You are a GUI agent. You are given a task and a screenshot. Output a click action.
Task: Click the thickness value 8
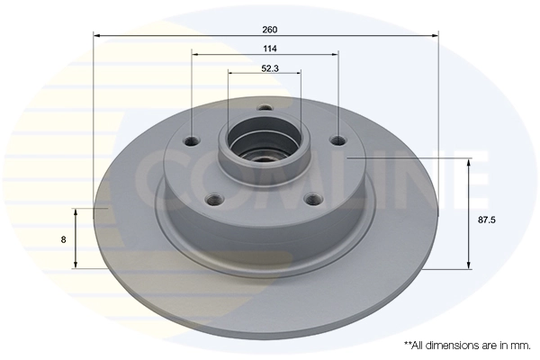point(62,239)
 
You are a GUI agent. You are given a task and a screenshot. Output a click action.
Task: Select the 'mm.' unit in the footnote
point(519,345)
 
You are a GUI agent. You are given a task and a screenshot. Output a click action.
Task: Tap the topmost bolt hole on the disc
point(265,110)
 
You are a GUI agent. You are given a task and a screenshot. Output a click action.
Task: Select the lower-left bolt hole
point(215,200)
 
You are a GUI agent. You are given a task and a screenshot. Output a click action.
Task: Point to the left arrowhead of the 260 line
point(98,36)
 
